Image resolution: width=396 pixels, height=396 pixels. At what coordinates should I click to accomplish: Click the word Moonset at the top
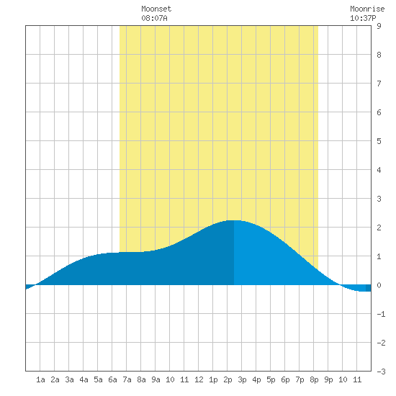pyautogui.click(x=156, y=9)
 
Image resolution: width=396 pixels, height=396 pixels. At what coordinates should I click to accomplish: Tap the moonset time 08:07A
pyautogui.click(x=154, y=18)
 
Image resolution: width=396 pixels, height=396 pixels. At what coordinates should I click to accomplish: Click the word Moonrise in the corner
pyautogui.click(x=367, y=9)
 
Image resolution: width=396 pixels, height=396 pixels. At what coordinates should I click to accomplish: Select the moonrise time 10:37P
pyautogui.click(x=363, y=18)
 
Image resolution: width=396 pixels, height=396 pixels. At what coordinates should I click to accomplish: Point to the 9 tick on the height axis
pyautogui.click(x=379, y=26)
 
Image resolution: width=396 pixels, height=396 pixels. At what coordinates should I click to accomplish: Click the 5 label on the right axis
pyautogui.click(x=379, y=141)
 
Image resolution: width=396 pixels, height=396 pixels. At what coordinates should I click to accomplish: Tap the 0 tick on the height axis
pyautogui.click(x=379, y=285)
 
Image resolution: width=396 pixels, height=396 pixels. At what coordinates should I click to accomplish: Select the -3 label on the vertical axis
pyautogui.click(x=381, y=372)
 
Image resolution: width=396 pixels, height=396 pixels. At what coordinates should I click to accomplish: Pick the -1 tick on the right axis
pyautogui.click(x=381, y=314)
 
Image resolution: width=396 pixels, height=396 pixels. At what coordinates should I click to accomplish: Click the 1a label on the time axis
pyautogui.click(x=40, y=379)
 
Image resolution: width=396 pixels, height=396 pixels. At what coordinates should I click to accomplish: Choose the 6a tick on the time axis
pyautogui.click(x=112, y=379)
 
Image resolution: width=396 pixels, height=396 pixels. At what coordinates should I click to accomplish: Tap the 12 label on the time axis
pyautogui.click(x=199, y=379)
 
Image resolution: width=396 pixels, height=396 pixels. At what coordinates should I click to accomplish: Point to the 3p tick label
pyautogui.click(x=242, y=379)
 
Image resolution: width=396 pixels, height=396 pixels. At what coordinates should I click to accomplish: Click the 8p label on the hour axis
pyautogui.click(x=314, y=379)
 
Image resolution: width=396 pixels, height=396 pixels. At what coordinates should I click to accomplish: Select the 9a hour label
pyautogui.click(x=156, y=379)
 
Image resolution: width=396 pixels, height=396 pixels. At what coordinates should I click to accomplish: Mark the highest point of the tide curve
pyautogui.click(x=234, y=220)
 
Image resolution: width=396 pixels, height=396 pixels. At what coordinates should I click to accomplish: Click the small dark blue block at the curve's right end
pyautogui.click(x=368, y=288)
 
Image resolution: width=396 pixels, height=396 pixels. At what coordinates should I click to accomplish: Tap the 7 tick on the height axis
pyautogui.click(x=379, y=84)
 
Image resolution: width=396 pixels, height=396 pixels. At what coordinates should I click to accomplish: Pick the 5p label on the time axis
pyautogui.click(x=271, y=379)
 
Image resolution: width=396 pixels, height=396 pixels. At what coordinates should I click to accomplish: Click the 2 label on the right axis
pyautogui.click(x=379, y=228)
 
